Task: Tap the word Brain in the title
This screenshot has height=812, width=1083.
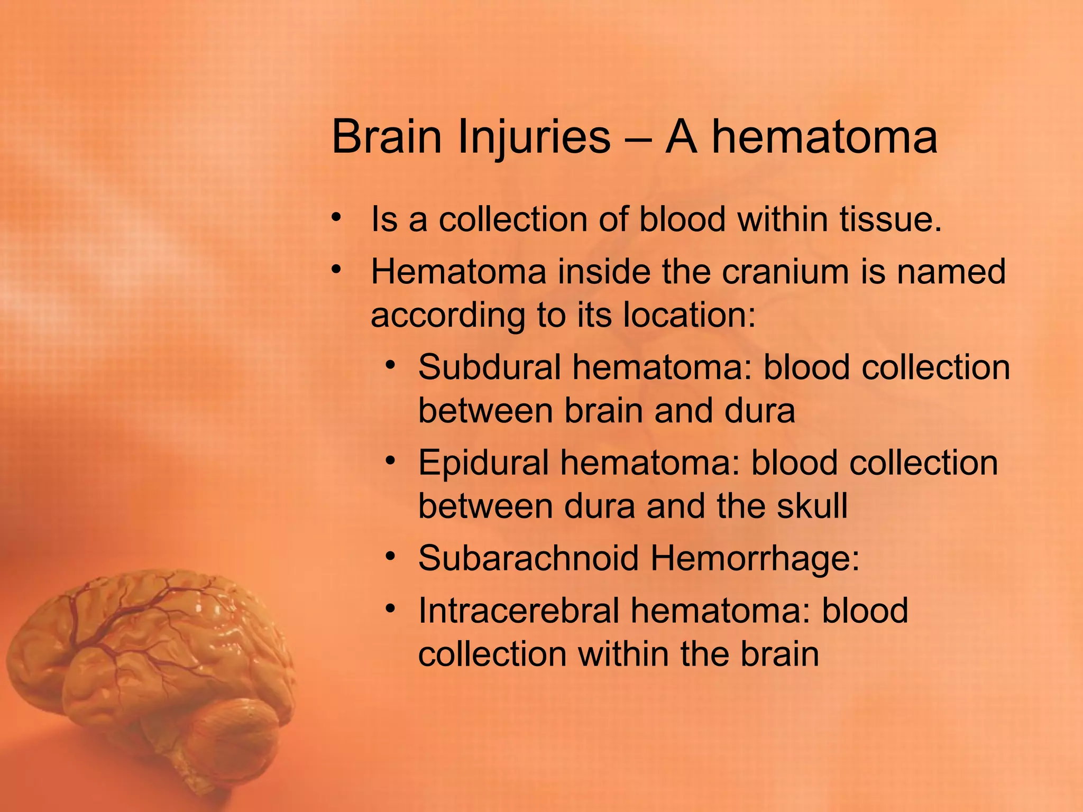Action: [386, 137]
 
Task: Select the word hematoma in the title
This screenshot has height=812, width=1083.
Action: [824, 137]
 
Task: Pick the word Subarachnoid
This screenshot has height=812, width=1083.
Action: [528, 558]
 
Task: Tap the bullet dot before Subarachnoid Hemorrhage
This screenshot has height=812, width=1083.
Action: [390, 556]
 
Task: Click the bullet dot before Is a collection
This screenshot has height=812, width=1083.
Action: [335, 217]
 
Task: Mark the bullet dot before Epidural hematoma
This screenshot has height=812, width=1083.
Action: [390, 461]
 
